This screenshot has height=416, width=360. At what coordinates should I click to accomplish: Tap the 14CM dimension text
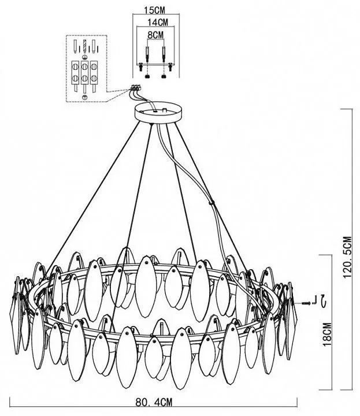tap(157, 23)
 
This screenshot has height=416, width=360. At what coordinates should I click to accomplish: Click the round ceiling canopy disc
tap(157, 112)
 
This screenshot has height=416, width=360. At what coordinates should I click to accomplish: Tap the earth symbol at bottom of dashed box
tap(86, 96)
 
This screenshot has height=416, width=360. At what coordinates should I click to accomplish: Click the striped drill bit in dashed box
tap(85, 46)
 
